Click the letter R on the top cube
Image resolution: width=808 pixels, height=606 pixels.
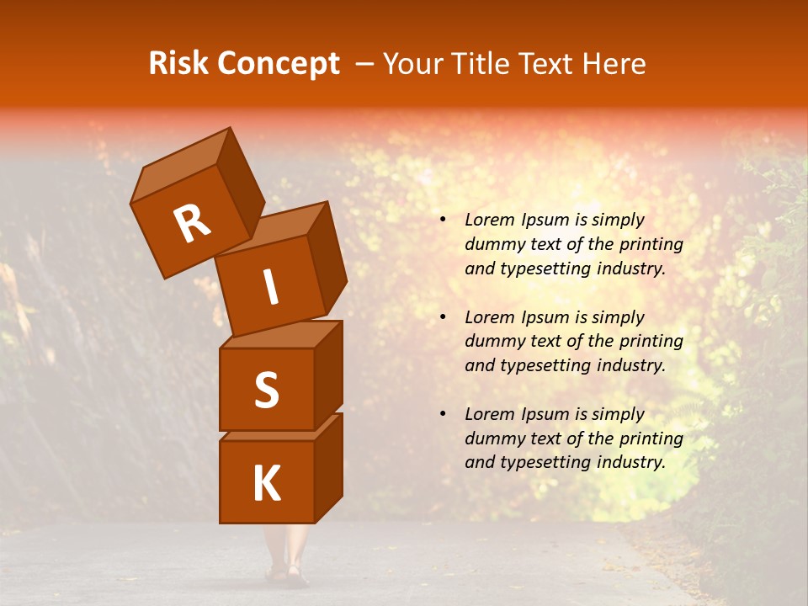191,225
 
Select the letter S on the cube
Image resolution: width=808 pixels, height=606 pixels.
266,390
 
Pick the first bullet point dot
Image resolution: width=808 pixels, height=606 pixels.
443,221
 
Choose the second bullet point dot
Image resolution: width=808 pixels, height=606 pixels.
443,317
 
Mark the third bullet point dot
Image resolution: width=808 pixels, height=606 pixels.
443,414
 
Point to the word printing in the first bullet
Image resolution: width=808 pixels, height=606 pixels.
651,245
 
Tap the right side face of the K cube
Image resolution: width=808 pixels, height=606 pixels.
328,467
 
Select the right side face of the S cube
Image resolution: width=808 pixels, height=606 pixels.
328,375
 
